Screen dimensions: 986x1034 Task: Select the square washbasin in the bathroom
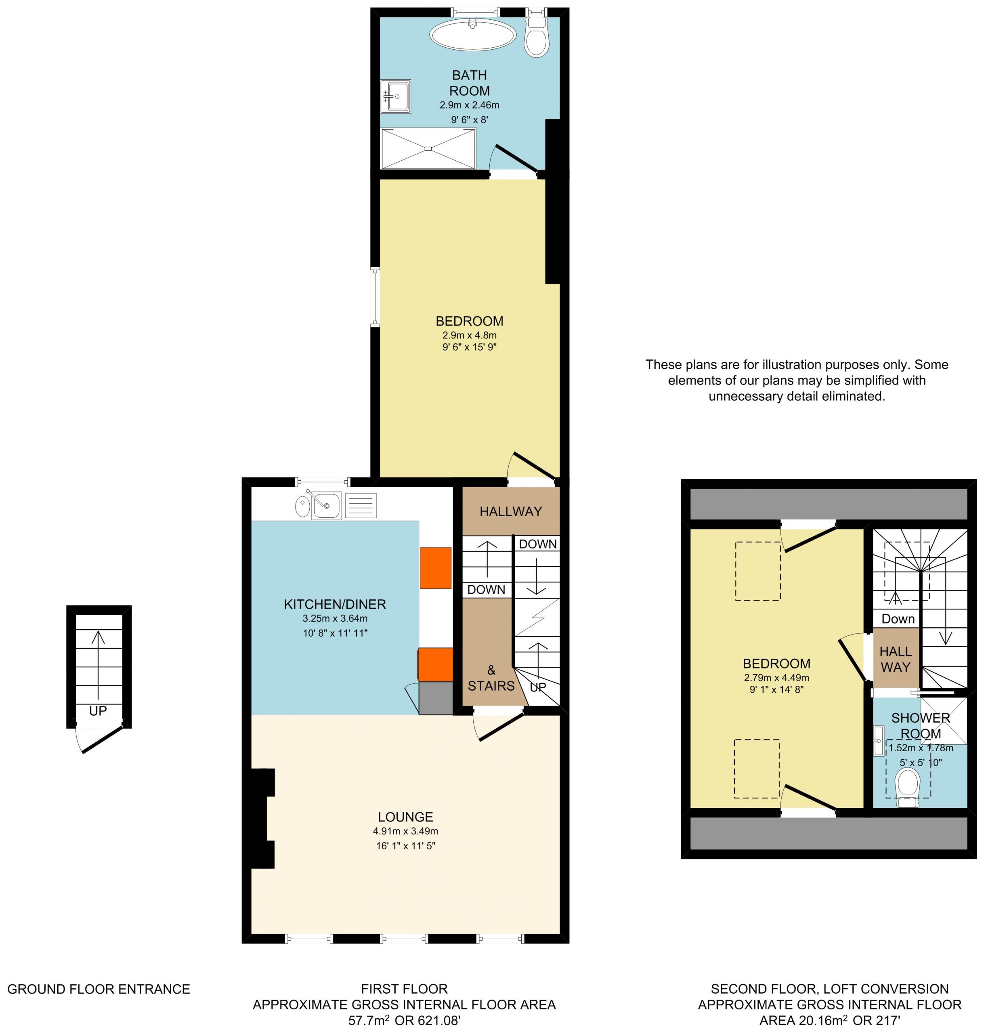click(x=395, y=96)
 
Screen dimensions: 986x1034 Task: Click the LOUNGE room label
click(x=405, y=816)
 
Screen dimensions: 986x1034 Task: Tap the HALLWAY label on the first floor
click(x=510, y=511)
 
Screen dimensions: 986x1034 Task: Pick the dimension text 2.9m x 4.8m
click(x=469, y=335)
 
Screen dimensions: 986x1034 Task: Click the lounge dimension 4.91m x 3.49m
click(x=405, y=831)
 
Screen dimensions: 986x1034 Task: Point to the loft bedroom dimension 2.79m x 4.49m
click(x=776, y=678)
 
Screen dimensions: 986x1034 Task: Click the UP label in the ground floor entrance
click(x=98, y=711)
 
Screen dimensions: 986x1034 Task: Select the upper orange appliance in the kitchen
click(x=435, y=568)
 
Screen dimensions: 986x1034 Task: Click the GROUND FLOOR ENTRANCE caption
click(x=99, y=989)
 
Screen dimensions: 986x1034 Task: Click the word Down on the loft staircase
click(x=898, y=619)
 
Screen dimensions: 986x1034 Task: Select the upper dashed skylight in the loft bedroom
click(x=757, y=571)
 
